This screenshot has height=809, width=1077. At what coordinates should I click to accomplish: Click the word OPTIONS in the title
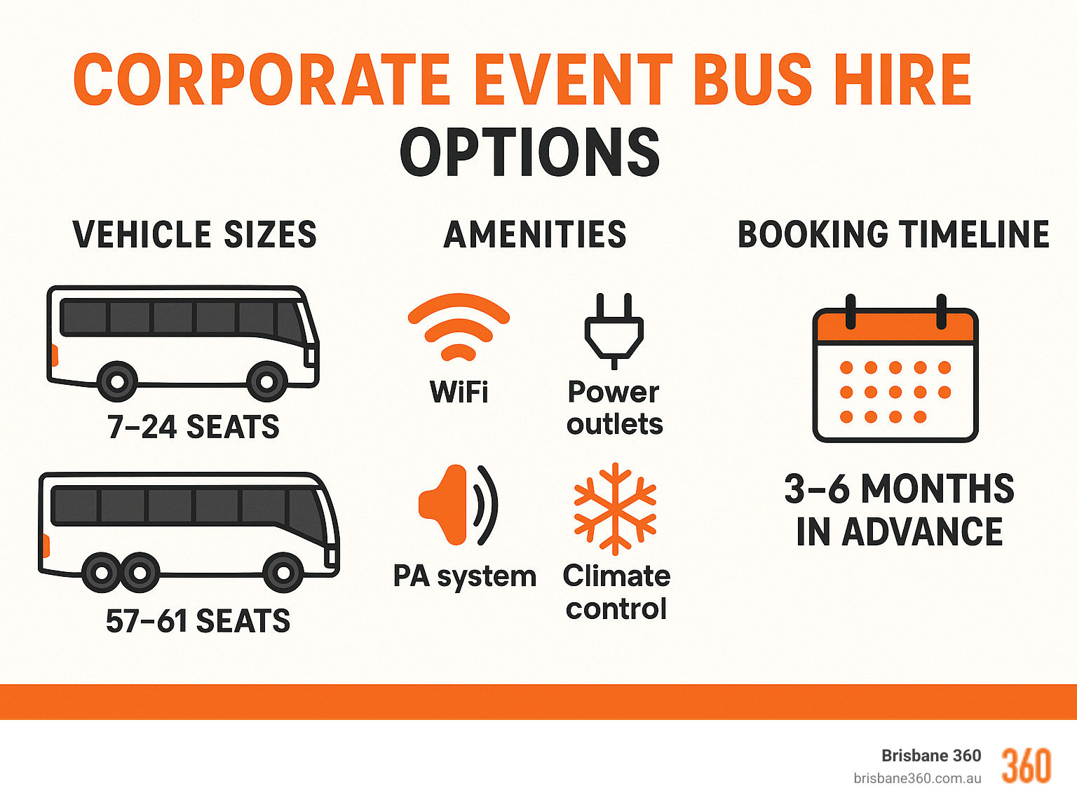coord(530,153)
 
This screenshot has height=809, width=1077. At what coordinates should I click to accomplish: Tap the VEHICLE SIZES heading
coord(194,234)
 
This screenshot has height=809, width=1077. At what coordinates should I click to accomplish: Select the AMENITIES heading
coord(535,234)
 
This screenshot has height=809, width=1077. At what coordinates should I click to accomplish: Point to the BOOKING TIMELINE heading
coord(893,234)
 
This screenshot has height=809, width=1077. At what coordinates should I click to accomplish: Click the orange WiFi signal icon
coord(459,327)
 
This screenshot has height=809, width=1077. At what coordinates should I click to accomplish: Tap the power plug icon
coord(614,329)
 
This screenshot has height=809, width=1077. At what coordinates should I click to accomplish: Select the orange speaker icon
coord(456,505)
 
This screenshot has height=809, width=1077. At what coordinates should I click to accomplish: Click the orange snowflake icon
coord(615,508)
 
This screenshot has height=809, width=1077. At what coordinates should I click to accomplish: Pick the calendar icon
coord(895,372)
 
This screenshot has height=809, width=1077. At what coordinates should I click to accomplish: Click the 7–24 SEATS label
coord(193,427)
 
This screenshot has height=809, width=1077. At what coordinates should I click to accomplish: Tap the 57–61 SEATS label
coord(198,621)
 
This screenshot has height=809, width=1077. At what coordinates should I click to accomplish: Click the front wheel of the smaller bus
coord(266,382)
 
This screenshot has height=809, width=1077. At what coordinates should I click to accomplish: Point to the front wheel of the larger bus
coord(283,573)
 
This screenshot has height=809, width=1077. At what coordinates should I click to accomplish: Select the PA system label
coord(464,576)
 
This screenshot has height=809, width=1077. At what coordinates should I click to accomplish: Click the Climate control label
coord(616,592)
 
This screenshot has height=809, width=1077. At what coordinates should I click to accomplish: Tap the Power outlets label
coord(614,408)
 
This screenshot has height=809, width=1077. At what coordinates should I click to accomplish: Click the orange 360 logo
coord(1026,766)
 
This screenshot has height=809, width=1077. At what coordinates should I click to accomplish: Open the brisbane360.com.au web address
coord(917,778)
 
